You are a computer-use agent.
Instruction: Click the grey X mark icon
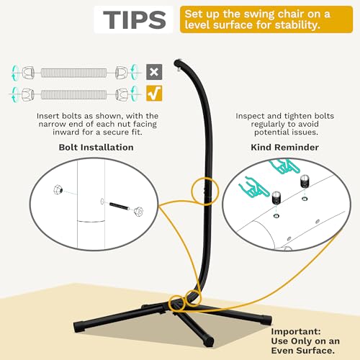153,71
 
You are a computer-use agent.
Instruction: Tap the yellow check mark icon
153,93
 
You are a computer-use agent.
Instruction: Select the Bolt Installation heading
96,147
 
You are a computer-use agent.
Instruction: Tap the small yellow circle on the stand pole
204,189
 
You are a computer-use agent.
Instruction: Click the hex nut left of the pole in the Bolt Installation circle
57,188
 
